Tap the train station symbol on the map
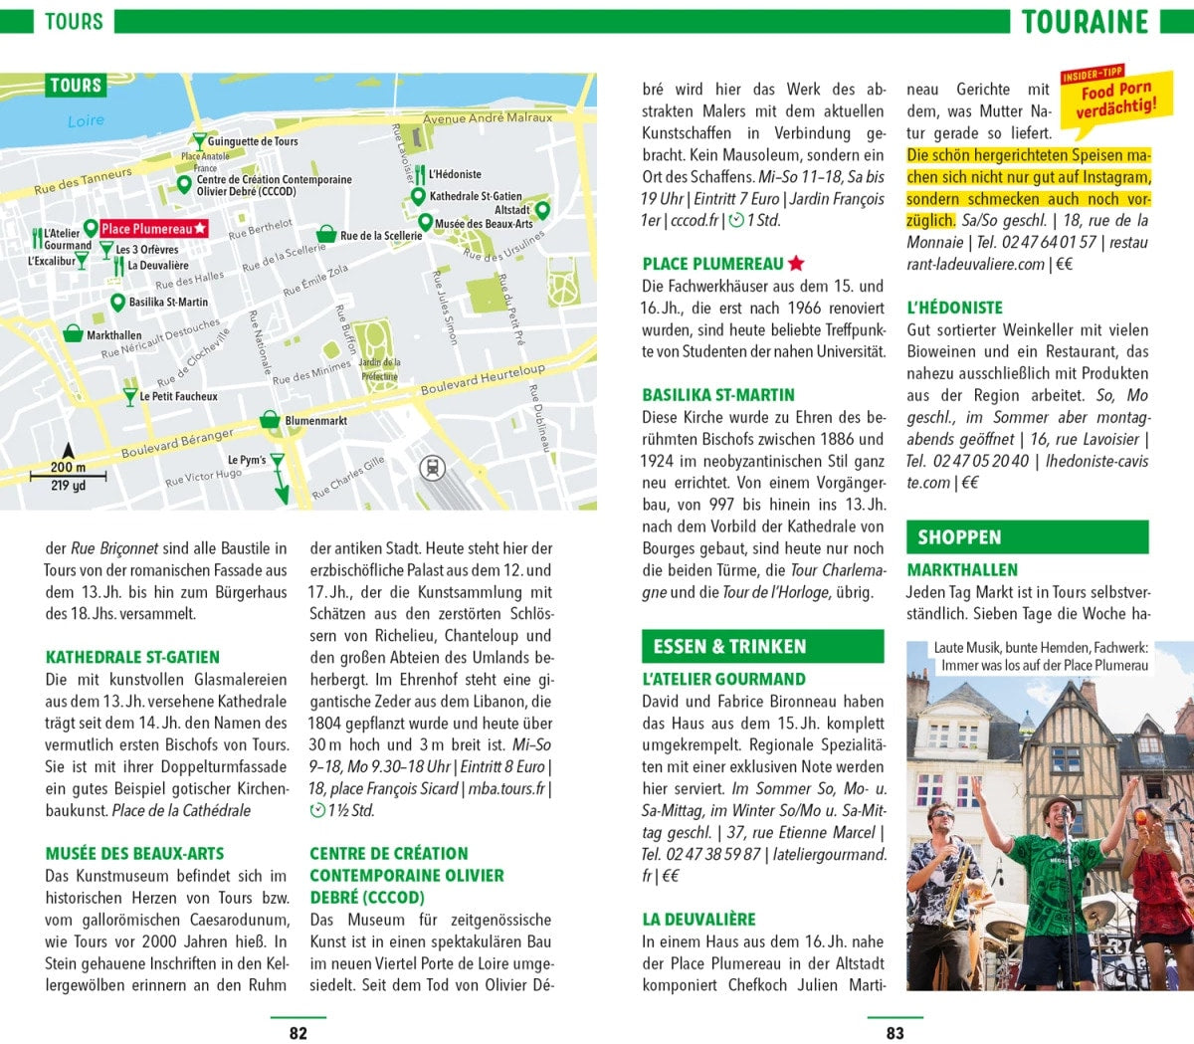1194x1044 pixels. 433,467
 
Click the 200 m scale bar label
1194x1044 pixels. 68,467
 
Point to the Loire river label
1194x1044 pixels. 86,120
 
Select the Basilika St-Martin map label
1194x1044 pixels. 168,302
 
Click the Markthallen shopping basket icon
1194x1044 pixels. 73,333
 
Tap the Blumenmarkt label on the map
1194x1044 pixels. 315,421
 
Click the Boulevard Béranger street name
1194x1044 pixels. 177,444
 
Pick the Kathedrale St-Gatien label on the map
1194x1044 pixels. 475,197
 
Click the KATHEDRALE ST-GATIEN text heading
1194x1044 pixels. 132,657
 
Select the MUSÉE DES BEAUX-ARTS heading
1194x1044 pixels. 134,854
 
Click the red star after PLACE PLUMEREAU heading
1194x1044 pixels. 796,264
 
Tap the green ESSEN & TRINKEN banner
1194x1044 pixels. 762,646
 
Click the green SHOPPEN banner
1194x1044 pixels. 1027,537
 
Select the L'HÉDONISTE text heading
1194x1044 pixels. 954,308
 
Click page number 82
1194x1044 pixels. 298,1033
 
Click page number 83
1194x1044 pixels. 895,1033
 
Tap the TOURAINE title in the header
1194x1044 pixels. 1085,22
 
